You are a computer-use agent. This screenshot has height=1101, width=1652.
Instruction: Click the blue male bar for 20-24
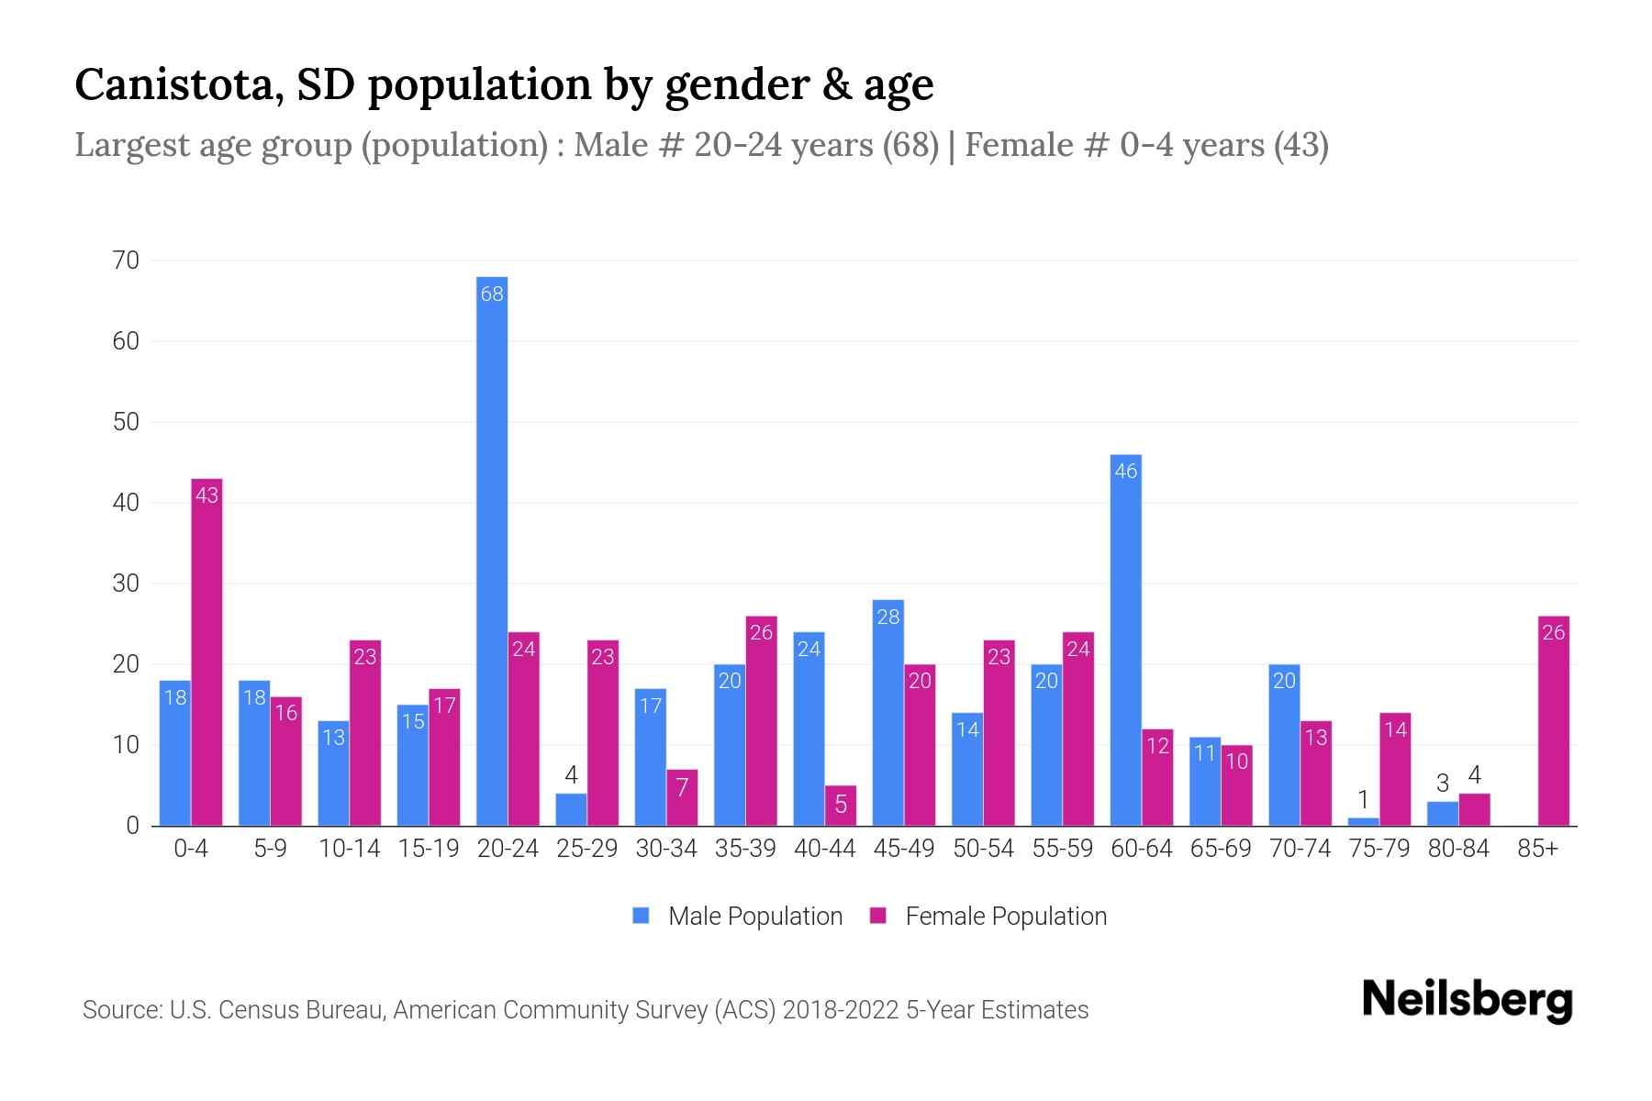coord(492,550)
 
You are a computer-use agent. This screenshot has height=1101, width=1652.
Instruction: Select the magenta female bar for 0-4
coord(206,651)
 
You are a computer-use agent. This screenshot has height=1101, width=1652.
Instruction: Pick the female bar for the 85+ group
coord(1553,721)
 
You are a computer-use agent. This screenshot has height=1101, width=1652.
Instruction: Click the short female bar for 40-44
coord(840,806)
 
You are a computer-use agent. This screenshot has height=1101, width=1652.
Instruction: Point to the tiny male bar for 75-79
coord(1363,821)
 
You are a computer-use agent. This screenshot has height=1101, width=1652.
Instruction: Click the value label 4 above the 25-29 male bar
coord(571,775)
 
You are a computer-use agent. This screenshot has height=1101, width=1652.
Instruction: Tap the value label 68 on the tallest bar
coord(492,294)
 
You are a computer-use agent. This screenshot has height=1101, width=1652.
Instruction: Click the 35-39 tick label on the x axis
coord(745,849)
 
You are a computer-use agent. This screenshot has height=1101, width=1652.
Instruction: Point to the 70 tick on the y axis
coord(126,261)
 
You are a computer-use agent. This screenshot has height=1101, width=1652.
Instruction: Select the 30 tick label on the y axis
coord(126,584)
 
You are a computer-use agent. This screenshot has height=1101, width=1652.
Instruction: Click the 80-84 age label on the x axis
coord(1458,849)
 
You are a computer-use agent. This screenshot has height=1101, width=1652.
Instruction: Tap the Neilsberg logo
coord(1467,999)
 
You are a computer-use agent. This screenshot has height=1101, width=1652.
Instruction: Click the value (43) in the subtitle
coord(1300,145)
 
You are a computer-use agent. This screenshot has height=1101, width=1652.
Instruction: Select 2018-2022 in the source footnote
coord(841,1010)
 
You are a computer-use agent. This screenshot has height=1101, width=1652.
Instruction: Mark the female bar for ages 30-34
coord(682,797)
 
